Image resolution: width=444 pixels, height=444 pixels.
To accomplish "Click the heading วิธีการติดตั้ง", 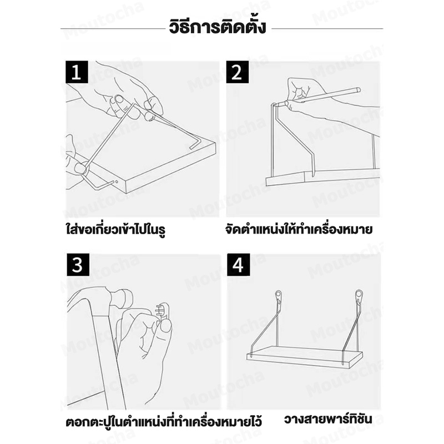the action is point(218,27).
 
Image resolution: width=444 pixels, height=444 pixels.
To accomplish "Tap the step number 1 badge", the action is point(77,72).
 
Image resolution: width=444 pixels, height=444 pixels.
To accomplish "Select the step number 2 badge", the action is point(238,72).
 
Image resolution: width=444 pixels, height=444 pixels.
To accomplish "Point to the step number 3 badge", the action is point(78,265).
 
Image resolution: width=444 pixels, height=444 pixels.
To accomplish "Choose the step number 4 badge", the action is point(239,265).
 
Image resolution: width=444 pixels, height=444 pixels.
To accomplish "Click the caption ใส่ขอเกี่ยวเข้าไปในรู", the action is point(115,229).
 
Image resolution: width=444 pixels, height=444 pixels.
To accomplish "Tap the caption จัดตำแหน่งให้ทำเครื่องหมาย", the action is point(299,229).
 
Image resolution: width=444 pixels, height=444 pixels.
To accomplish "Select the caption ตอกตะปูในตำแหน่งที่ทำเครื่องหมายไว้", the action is point(164,422).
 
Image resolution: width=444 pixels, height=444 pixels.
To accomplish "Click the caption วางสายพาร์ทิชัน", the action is point(328,419).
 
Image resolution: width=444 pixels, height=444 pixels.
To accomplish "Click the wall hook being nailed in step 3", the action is point(162,311).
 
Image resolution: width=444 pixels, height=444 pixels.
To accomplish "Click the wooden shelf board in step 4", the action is point(304,356).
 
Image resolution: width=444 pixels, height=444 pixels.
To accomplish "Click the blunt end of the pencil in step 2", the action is point(358,90).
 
